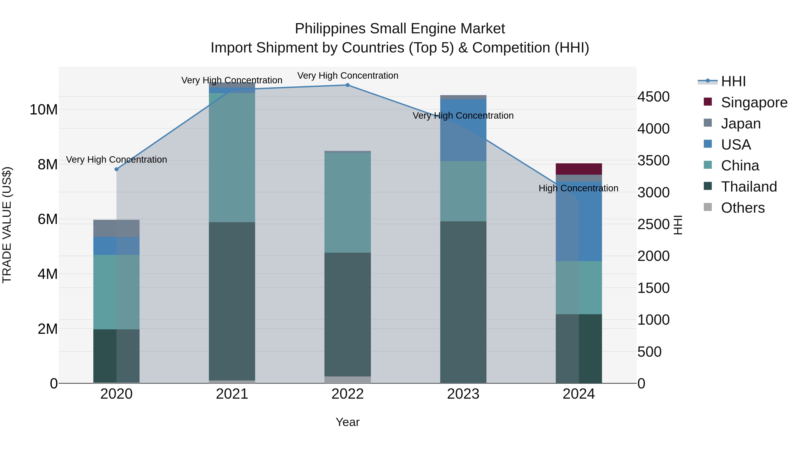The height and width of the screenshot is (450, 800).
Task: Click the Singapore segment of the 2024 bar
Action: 579,169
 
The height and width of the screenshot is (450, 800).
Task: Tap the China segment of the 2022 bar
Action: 348,202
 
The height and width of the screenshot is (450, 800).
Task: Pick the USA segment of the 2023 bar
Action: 463,130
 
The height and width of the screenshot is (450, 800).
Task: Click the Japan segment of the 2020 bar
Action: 116,228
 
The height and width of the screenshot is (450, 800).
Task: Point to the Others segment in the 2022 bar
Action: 348,380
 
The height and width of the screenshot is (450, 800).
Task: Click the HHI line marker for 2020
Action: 116,169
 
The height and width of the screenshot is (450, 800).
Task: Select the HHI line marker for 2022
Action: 348,85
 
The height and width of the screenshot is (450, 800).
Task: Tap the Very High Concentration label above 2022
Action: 348,76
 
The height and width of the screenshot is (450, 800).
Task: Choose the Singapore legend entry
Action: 754,102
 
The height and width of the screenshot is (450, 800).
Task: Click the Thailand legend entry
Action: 748,187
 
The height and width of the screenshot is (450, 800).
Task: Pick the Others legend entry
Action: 742,208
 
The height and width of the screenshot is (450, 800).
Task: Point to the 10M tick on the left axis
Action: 44,110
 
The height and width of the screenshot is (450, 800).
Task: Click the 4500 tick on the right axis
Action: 653,97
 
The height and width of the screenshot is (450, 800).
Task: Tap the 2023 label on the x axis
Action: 463,394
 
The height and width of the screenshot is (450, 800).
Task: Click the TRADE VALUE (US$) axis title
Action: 7,225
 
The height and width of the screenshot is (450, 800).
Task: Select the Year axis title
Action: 348,422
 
